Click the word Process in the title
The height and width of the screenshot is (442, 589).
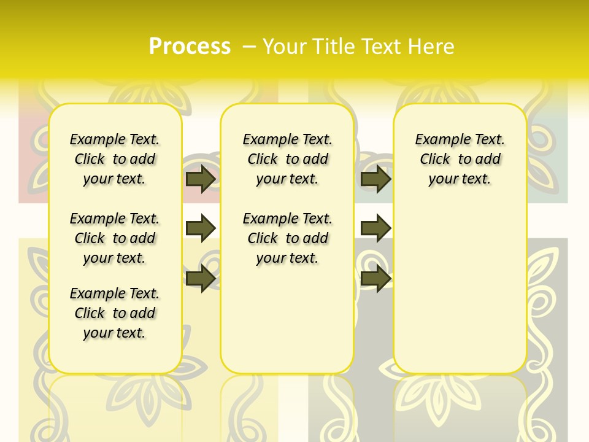coord(190,47)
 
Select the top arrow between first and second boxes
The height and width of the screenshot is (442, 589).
coord(200,179)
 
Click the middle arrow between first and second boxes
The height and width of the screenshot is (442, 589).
coord(200,228)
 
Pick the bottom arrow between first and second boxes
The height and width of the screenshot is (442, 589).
coord(200,278)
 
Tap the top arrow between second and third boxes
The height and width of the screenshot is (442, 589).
coord(375,179)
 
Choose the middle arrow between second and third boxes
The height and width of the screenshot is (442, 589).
coord(375,228)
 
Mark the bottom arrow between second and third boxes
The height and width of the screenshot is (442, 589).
coord(375,278)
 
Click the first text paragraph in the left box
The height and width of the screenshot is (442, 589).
coord(115,159)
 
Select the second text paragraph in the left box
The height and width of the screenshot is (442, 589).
coord(115,238)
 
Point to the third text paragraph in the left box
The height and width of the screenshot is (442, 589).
coord(115,313)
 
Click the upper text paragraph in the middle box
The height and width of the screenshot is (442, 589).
coord(288,159)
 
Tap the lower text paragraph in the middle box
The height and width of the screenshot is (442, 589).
coord(288,238)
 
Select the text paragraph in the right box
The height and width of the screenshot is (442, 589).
coord(460,159)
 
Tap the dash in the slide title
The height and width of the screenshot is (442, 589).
coord(249,47)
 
